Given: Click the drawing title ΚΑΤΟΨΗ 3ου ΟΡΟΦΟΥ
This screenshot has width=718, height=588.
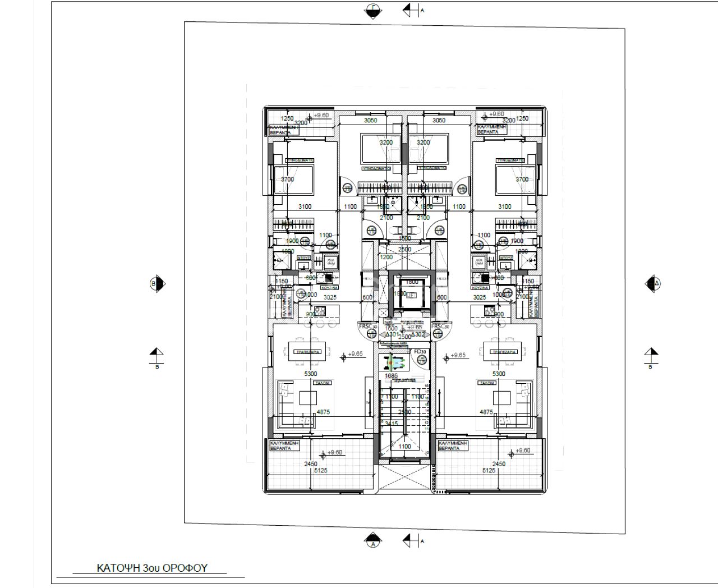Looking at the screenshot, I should click(x=152, y=568).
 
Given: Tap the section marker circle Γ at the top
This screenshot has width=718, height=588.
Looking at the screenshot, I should click(x=372, y=10).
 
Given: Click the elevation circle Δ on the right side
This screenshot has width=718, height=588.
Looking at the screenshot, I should click(x=653, y=283).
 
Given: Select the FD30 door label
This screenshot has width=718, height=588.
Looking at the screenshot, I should click(x=419, y=352).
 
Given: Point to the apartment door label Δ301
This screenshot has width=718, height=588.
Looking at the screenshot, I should click(x=393, y=334).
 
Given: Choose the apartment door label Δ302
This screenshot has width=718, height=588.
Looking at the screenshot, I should click(x=418, y=334).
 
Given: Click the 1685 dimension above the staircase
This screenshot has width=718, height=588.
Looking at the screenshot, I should click(x=391, y=376).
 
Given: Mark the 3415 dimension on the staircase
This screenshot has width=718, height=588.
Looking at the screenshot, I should click(x=391, y=424).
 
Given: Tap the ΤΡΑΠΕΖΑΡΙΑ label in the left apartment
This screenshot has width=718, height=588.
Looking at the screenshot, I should click(x=307, y=352).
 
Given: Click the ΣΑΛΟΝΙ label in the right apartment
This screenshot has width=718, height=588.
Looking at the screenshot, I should click(x=486, y=383).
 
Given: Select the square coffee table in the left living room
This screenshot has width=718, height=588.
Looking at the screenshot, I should click(x=307, y=398).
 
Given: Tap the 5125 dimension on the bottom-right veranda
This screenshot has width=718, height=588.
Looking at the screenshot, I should click(x=489, y=471).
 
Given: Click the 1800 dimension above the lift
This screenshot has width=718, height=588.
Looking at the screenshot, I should click(x=412, y=282).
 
